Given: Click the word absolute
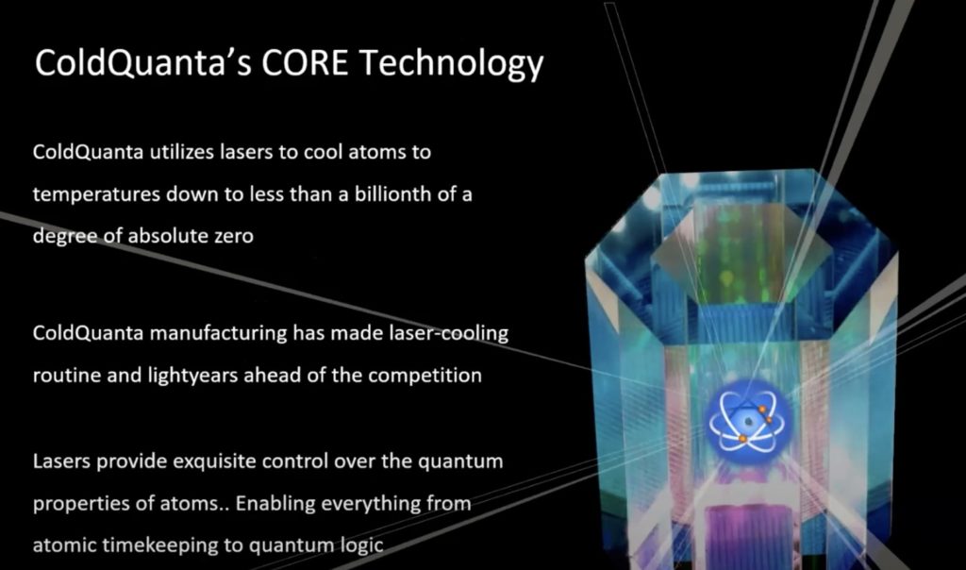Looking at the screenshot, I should coord(175,236).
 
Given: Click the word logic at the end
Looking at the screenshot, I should coord(362,545).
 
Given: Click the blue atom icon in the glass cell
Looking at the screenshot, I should coord(741,416).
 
